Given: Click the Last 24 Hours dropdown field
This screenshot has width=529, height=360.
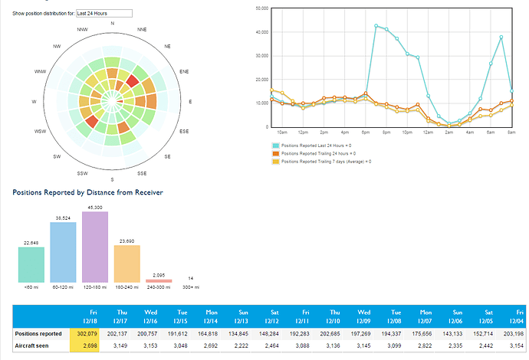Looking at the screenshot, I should click(103, 13).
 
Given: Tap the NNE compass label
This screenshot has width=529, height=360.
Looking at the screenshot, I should click(142, 29).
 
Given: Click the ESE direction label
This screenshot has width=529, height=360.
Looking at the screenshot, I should click(184, 132).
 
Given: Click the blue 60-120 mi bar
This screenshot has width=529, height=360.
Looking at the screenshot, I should click(63, 252).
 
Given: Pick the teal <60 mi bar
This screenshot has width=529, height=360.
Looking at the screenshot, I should click(31, 264).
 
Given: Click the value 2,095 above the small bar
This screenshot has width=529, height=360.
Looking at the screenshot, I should click(159, 274).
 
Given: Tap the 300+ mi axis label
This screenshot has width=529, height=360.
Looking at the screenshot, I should click(190, 289).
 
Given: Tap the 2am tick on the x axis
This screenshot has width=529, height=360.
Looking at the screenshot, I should click(448, 132).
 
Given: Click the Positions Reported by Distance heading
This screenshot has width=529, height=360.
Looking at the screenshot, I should click(87, 191).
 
